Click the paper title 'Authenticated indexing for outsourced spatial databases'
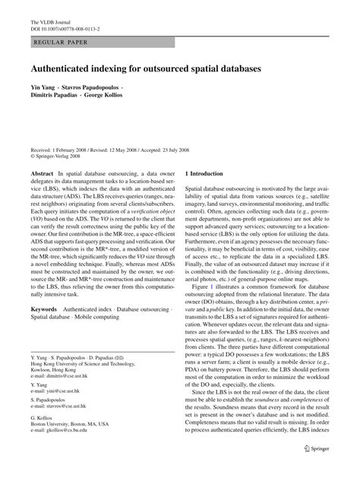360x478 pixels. pos(145,68)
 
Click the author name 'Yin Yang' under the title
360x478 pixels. pos(45,90)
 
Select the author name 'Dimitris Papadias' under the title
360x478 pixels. pos(58,99)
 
